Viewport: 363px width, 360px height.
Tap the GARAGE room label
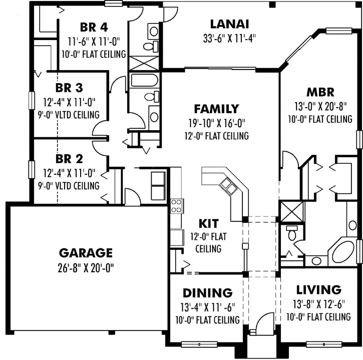tap(86, 252)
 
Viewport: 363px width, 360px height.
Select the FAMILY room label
tap(216, 109)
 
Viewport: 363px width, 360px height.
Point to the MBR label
tap(320, 92)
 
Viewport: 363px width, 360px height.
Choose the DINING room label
tap(207, 293)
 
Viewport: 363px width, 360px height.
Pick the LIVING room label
tap(319, 290)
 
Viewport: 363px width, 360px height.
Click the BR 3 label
tap(69, 88)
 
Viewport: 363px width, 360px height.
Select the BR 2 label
tap(69, 160)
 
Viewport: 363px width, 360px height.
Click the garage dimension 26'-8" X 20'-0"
tap(86, 268)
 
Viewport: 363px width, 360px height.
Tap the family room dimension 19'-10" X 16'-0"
tap(216, 123)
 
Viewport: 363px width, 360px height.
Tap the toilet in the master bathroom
tap(292, 233)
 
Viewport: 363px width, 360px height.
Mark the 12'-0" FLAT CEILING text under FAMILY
tap(216, 136)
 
